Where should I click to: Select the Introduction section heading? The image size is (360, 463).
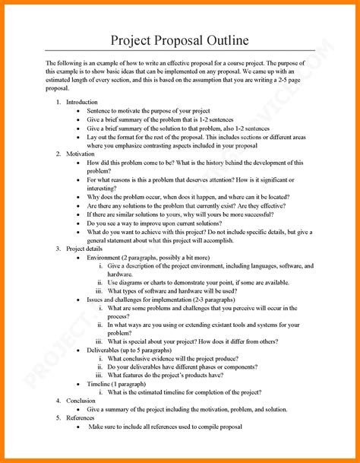click(81, 101)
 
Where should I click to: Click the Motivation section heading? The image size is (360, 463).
click(81, 154)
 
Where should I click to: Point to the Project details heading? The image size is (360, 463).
click(84, 249)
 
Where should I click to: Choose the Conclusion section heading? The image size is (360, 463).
click(81, 400)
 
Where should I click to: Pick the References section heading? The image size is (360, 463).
click(81, 417)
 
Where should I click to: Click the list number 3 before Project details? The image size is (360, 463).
click(58, 249)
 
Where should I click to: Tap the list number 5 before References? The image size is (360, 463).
click(58, 417)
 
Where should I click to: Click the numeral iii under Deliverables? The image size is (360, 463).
click(99, 375)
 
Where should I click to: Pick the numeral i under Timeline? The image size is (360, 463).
click(101, 392)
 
